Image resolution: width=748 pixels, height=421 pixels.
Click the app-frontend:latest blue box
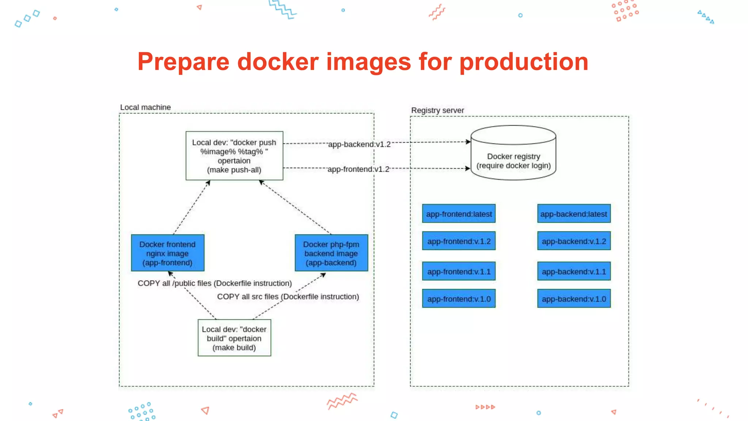[459, 214]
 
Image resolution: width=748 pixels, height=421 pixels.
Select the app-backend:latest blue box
[574, 214]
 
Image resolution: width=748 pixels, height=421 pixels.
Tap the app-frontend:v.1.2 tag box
[459, 241]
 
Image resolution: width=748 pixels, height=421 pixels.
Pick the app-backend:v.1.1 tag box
[574, 272]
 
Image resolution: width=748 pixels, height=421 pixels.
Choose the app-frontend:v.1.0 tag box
[459, 299]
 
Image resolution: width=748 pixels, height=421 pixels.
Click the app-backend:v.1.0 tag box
[574, 299]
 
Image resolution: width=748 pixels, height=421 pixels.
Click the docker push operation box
[234, 156]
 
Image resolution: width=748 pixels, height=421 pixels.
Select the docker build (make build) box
[234, 338]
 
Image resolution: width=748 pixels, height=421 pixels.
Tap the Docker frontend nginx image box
[168, 253]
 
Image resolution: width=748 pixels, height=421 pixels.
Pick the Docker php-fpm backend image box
[331, 253]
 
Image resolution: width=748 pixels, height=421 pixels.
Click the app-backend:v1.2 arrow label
[359, 144]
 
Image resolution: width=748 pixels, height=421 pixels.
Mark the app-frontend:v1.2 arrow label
[358, 169]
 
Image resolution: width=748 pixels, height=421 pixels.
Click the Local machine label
[145, 107]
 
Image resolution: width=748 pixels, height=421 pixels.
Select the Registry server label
[437, 110]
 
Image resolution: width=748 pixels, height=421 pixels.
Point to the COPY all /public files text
[214, 283]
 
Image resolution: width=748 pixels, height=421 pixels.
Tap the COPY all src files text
[288, 297]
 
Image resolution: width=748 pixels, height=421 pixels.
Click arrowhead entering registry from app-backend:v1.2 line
[468, 142]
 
